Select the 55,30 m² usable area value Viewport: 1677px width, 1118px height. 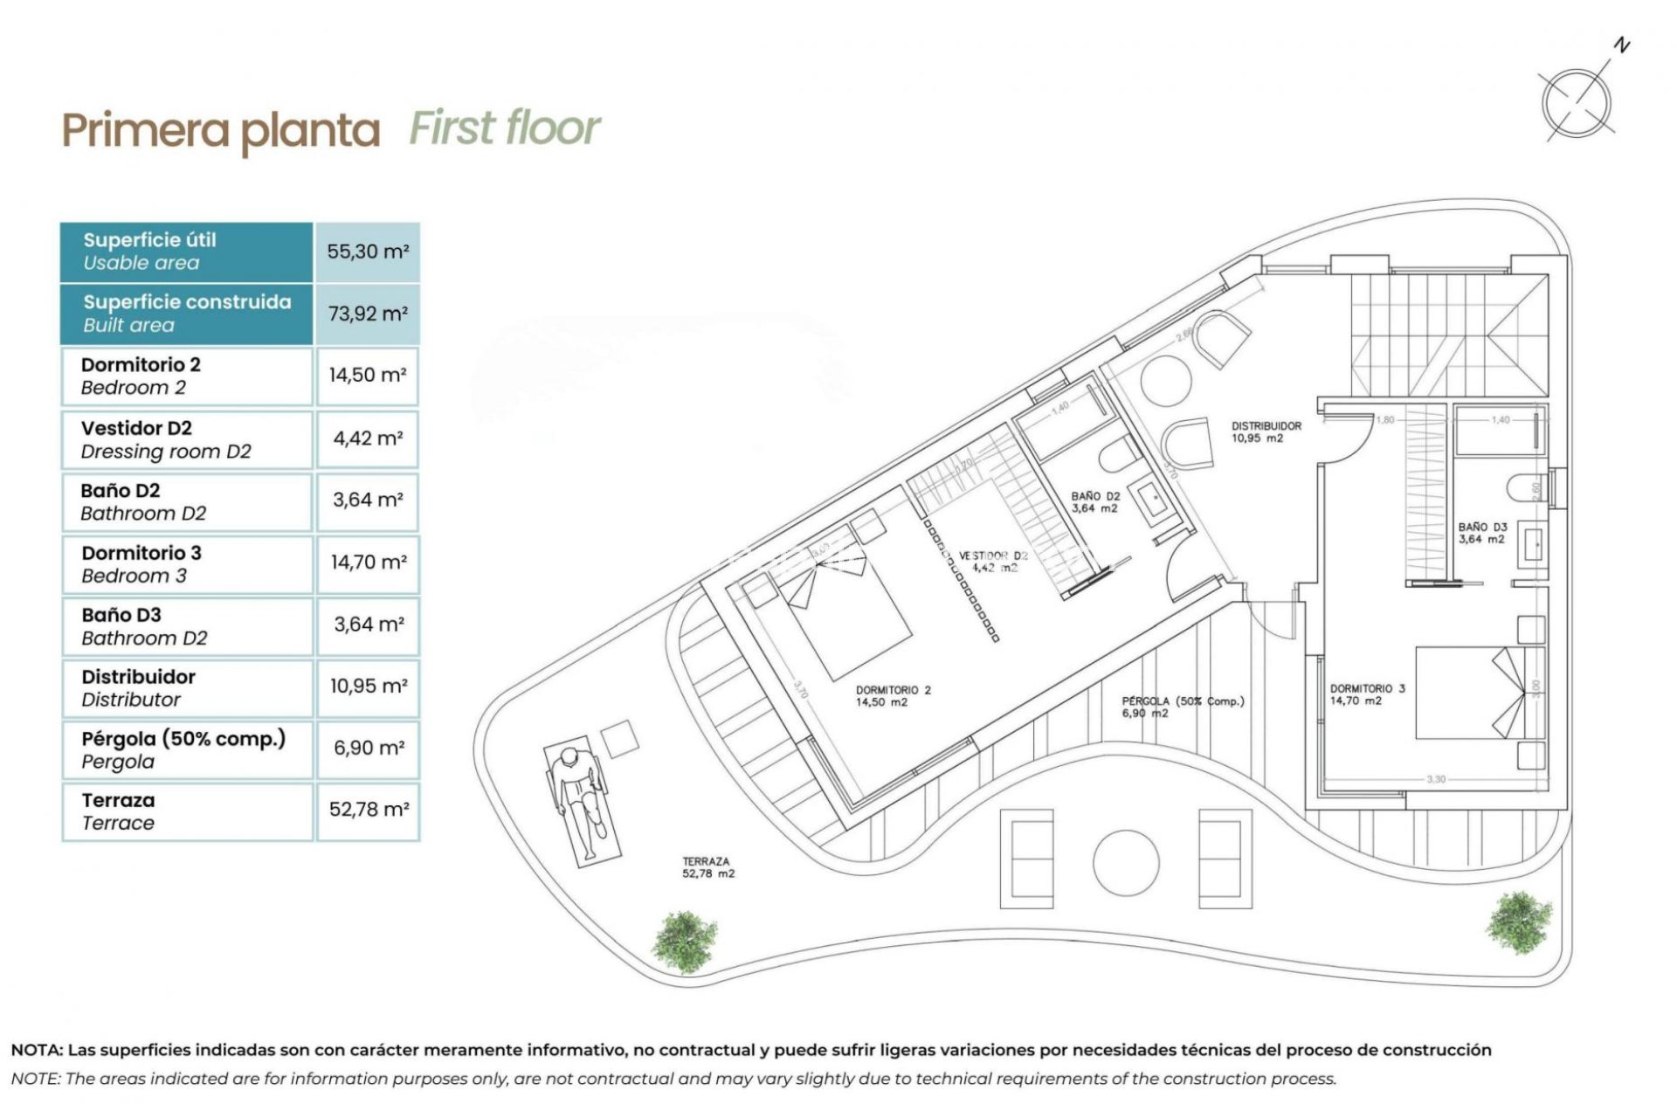point(368,252)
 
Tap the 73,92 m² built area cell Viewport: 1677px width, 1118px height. point(368,314)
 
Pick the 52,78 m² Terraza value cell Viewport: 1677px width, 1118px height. point(368,810)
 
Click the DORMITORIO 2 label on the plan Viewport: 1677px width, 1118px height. point(893,695)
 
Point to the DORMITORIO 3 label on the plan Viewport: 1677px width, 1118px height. point(1367,694)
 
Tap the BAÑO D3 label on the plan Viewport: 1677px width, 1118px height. point(1482,533)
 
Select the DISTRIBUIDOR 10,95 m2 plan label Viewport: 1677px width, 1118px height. point(1266,431)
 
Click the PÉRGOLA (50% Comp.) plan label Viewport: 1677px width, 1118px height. point(1182,706)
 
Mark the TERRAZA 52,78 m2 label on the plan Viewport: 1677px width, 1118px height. point(707,866)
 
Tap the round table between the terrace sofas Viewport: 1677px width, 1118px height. point(1125,862)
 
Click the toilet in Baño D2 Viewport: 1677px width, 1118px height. point(1119,456)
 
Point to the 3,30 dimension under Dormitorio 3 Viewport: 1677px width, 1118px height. point(1436,778)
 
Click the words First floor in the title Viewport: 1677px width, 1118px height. point(504,128)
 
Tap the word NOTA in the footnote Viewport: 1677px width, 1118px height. point(36,1050)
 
